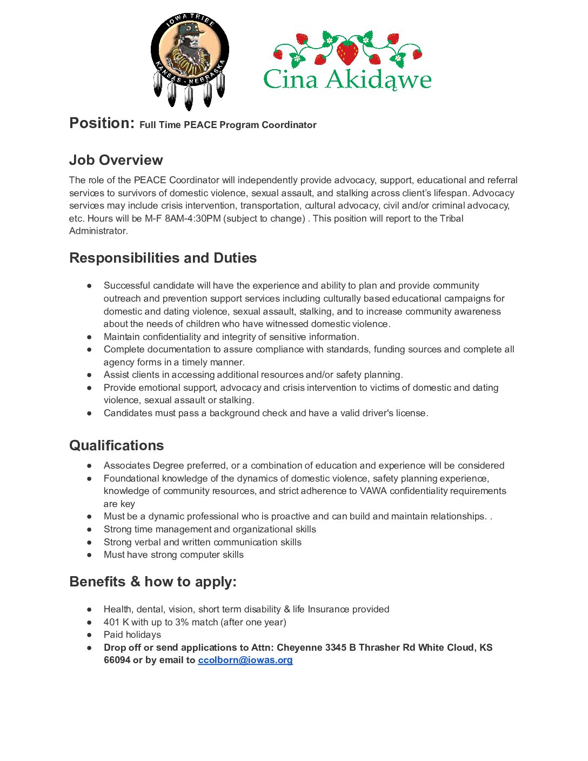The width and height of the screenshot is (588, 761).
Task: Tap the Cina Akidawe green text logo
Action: (347, 79)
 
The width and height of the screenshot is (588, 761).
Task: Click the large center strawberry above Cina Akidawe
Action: (348, 52)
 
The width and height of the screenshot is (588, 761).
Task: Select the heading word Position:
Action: (102, 123)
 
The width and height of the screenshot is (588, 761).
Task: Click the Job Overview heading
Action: (116, 160)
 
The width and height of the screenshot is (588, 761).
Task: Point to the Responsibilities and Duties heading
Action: (163, 258)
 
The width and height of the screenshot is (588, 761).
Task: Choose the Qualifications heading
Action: (116, 445)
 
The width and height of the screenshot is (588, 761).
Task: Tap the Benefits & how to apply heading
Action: (153, 582)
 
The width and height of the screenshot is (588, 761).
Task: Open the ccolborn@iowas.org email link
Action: (245, 660)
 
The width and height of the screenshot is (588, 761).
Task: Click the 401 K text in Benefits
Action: (116, 622)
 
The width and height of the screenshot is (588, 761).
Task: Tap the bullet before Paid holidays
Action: (90, 635)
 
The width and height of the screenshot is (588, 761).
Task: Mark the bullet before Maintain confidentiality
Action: (90, 337)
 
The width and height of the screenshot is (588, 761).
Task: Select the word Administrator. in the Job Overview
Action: (98, 231)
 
